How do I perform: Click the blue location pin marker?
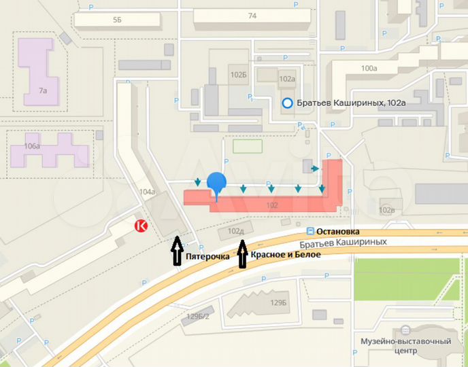click(x=216, y=184)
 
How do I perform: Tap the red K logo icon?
click(x=141, y=226)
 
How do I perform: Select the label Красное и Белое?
click(x=284, y=254)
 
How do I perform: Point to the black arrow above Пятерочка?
click(x=175, y=249)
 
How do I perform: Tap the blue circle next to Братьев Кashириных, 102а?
click(x=288, y=103)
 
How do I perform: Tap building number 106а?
click(x=31, y=145)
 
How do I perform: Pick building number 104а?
click(x=146, y=192)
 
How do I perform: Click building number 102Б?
click(x=238, y=75)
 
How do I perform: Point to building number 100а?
click(x=369, y=68)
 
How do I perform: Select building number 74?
click(x=252, y=16)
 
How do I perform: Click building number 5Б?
click(x=117, y=20)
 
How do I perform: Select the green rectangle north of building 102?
click(x=248, y=146)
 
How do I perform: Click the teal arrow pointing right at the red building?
click(x=315, y=168)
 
